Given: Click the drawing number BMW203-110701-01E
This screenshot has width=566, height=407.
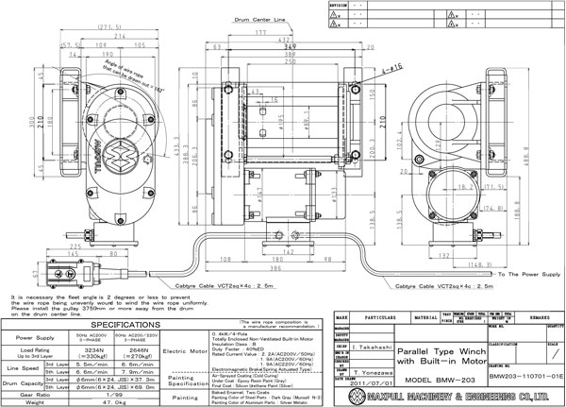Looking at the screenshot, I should click(515, 375).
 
